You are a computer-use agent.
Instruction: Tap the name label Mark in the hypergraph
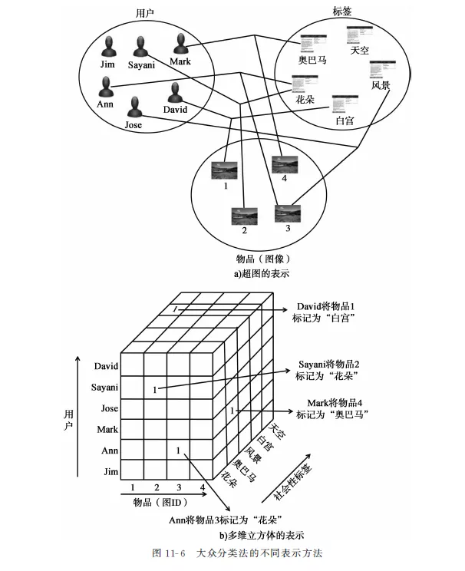pyautogui.click(x=180, y=61)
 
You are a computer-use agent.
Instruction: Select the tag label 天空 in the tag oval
pyautogui.click(x=359, y=51)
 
